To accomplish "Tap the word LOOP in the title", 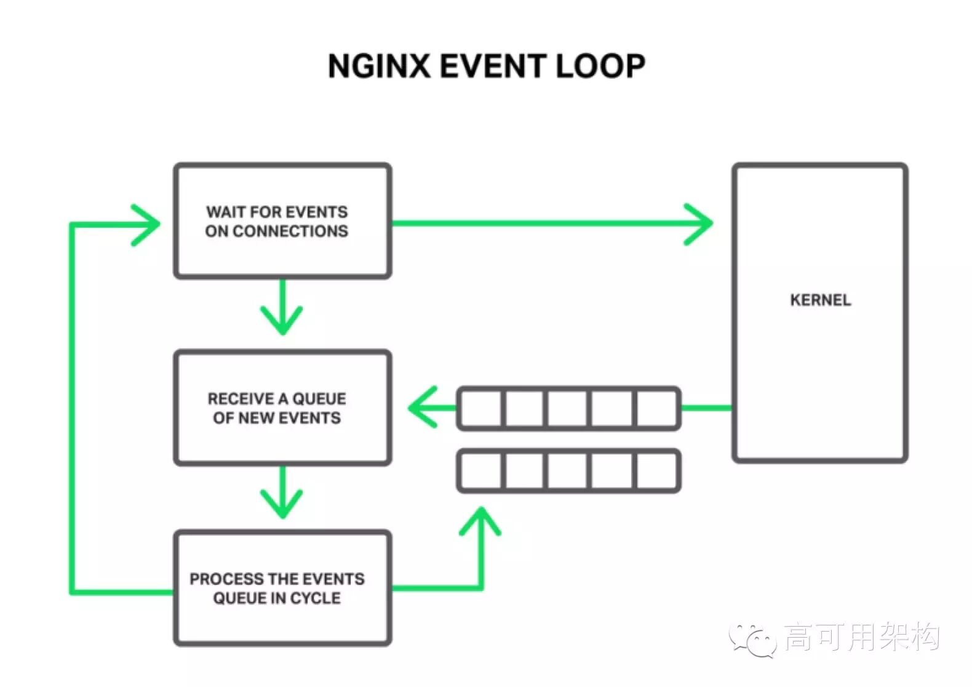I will coord(600,65).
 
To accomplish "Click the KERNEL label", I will coord(820,300).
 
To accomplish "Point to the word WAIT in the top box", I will coord(226,212).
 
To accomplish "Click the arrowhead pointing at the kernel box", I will coord(701,223).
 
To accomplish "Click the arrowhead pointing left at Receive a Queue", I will coord(421,407).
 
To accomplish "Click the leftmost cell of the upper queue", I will coord(481,408).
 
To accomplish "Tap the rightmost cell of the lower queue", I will coord(657,471).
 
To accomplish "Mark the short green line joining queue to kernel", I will coord(706,408).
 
